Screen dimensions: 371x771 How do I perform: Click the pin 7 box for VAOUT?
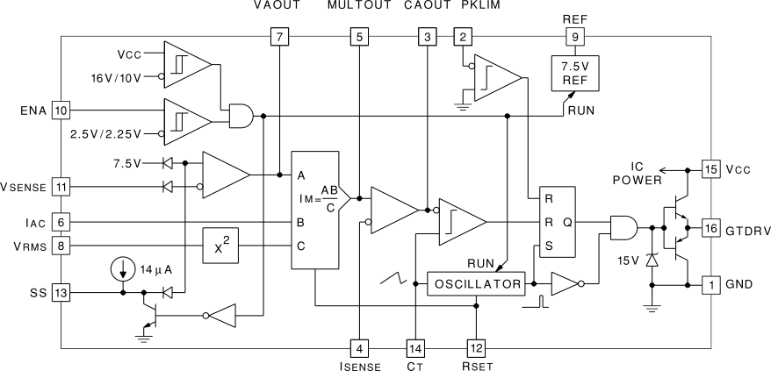[x=279, y=37]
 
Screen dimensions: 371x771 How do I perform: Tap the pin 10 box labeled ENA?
[x=60, y=111]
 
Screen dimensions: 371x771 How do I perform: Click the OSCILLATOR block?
[x=475, y=284]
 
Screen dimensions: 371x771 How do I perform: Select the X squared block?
[x=220, y=246]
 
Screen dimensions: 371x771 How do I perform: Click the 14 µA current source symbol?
[x=124, y=267]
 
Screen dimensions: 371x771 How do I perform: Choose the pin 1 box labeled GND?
[x=710, y=284]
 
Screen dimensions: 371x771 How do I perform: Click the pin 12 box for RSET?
[x=476, y=346]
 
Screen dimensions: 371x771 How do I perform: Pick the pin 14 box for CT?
[x=415, y=346]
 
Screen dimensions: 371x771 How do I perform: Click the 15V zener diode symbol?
[x=651, y=261]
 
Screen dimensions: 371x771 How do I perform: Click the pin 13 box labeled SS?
[x=60, y=293]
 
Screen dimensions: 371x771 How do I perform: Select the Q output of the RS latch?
[x=567, y=223]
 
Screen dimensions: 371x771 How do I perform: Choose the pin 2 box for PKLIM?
[x=461, y=37]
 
